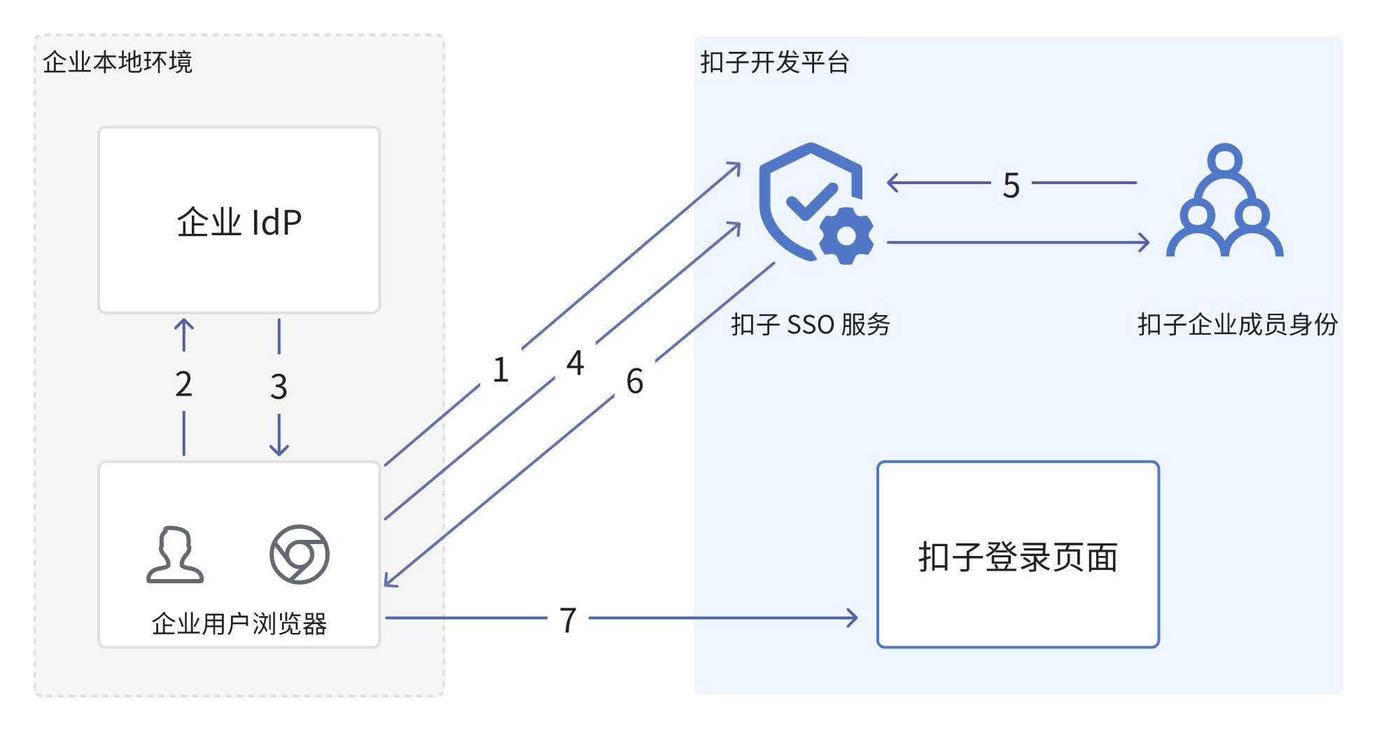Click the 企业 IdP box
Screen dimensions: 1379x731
(x=239, y=220)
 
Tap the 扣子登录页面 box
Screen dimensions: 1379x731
(x=1018, y=555)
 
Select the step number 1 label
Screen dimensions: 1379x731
(x=500, y=370)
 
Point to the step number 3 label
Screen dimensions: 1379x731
(x=279, y=387)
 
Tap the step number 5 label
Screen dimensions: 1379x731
(x=1011, y=186)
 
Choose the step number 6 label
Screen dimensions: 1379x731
(x=635, y=382)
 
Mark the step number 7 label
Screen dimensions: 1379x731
(x=568, y=620)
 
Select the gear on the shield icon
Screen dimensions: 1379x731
(x=846, y=236)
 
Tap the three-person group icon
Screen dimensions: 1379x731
(x=1224, y=201)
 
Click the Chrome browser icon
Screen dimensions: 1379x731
(x=300, y=555)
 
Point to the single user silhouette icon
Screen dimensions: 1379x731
(x=175, y=555)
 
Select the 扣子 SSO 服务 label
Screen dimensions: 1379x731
(x=811, y=325)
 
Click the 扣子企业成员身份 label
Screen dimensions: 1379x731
(x=1238, y=325)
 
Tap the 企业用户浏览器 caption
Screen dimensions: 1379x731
(x=239, y=623)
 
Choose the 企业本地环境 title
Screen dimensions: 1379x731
(x=118, y=62)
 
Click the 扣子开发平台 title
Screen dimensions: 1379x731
(x=775, y=62)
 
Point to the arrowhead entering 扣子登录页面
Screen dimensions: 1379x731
(x=853, y=618)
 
